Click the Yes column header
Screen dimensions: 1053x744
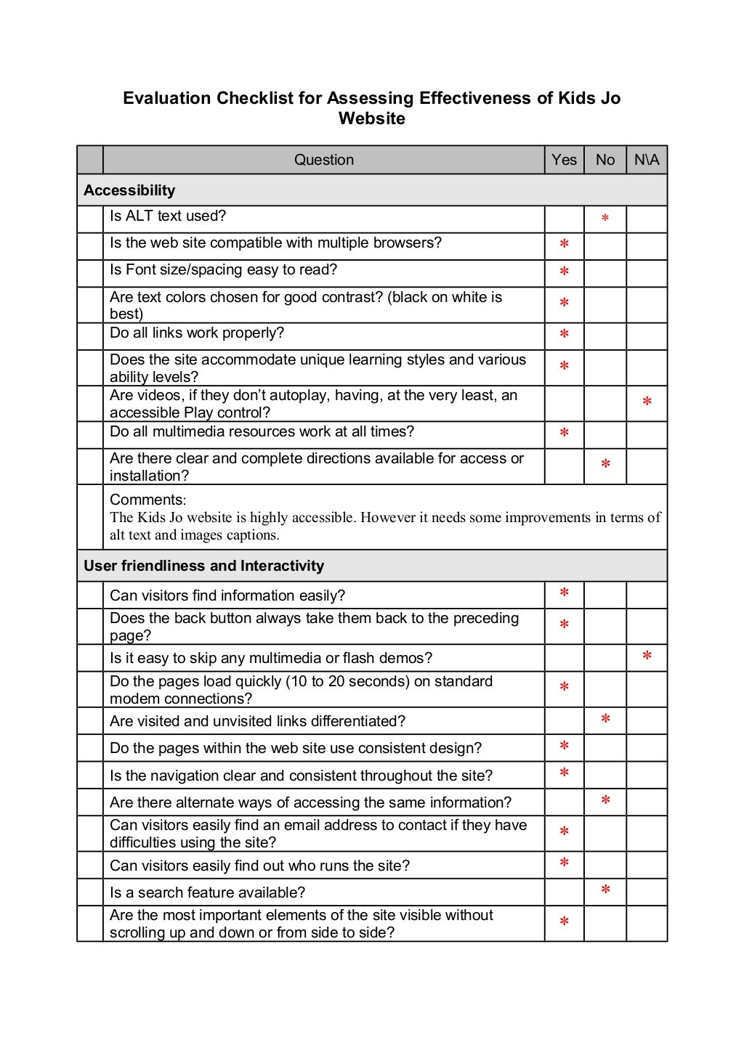564,160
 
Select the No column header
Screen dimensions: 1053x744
604,160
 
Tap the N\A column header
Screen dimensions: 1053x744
647,160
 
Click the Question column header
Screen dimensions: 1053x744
323,160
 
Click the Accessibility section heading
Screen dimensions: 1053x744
129,190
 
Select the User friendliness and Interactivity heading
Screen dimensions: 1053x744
203,566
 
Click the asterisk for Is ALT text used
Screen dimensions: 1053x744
605,218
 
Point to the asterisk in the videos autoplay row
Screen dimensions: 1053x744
647,402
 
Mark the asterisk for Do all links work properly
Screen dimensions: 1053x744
564,336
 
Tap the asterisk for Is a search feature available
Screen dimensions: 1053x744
605,890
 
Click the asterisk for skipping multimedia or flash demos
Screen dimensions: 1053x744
647,657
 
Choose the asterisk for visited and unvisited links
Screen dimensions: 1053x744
605,720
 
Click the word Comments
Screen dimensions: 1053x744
147,500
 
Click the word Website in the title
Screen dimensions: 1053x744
371,118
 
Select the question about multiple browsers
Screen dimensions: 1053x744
275,243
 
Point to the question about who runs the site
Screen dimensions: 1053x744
259,866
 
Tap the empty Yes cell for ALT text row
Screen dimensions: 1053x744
564,219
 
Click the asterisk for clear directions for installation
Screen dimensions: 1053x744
605,465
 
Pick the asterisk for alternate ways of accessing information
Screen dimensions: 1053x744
605,801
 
